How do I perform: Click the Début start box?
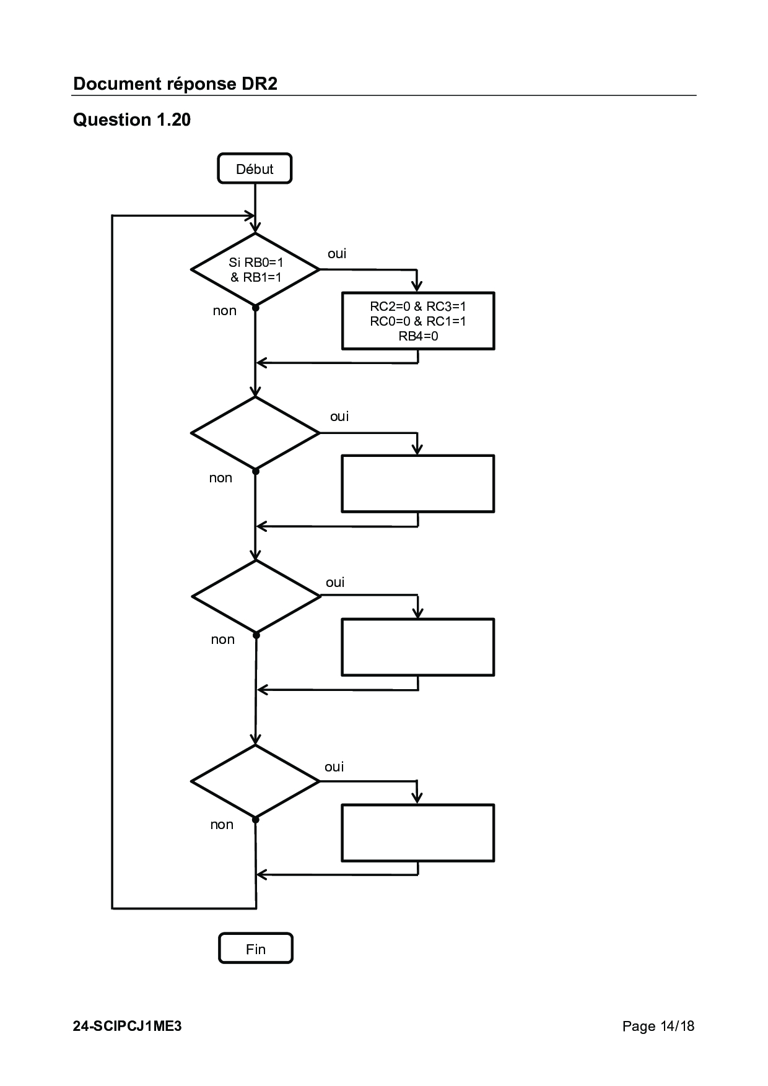pos(255,168)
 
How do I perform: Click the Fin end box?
pos(255,949)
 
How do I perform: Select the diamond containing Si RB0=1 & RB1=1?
pos(255,269)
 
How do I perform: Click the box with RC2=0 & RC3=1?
pos(418,321)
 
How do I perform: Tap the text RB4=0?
pos(418,336)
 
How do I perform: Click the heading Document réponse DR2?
pos(175,84)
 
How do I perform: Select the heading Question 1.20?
pos(132,119)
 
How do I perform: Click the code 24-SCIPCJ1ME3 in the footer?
pos(128,1026)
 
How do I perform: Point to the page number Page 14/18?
pos(658,1026)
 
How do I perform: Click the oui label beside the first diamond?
pos(337,254)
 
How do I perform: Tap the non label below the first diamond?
pos(225,311)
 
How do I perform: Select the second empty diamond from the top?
pos(255,433)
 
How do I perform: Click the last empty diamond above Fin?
pos(255,781)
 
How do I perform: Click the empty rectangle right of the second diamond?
pos(418,484)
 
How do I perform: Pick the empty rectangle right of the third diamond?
pos(418,647)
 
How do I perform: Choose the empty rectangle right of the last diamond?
pos(418,833)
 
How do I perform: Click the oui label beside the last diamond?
pos(334,767)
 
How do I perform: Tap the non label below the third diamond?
pos(223,640)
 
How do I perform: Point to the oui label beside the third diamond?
pos(335,583)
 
